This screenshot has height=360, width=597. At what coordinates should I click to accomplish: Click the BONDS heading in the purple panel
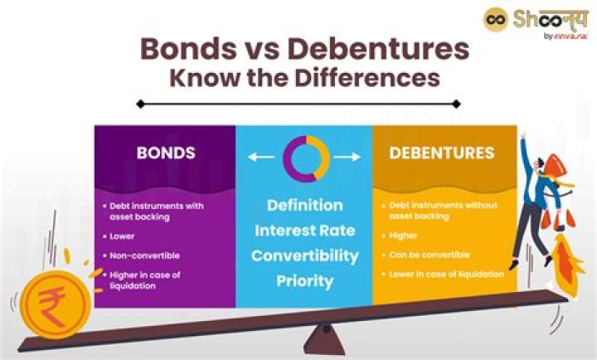click(166, 153)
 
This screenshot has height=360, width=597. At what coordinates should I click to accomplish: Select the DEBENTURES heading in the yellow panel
click(441, 153)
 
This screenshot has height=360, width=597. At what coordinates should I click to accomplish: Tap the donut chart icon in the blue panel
click(305, 158)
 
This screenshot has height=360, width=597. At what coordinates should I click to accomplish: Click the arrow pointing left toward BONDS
click(260, 157)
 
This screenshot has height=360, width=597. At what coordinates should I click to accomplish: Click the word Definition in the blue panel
click(304, 204)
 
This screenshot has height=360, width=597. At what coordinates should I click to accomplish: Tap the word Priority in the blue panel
click(304, 280)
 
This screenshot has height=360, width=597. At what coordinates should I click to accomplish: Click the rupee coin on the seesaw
click(52, 304)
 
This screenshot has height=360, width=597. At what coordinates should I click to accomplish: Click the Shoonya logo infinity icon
click(497, 20)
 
